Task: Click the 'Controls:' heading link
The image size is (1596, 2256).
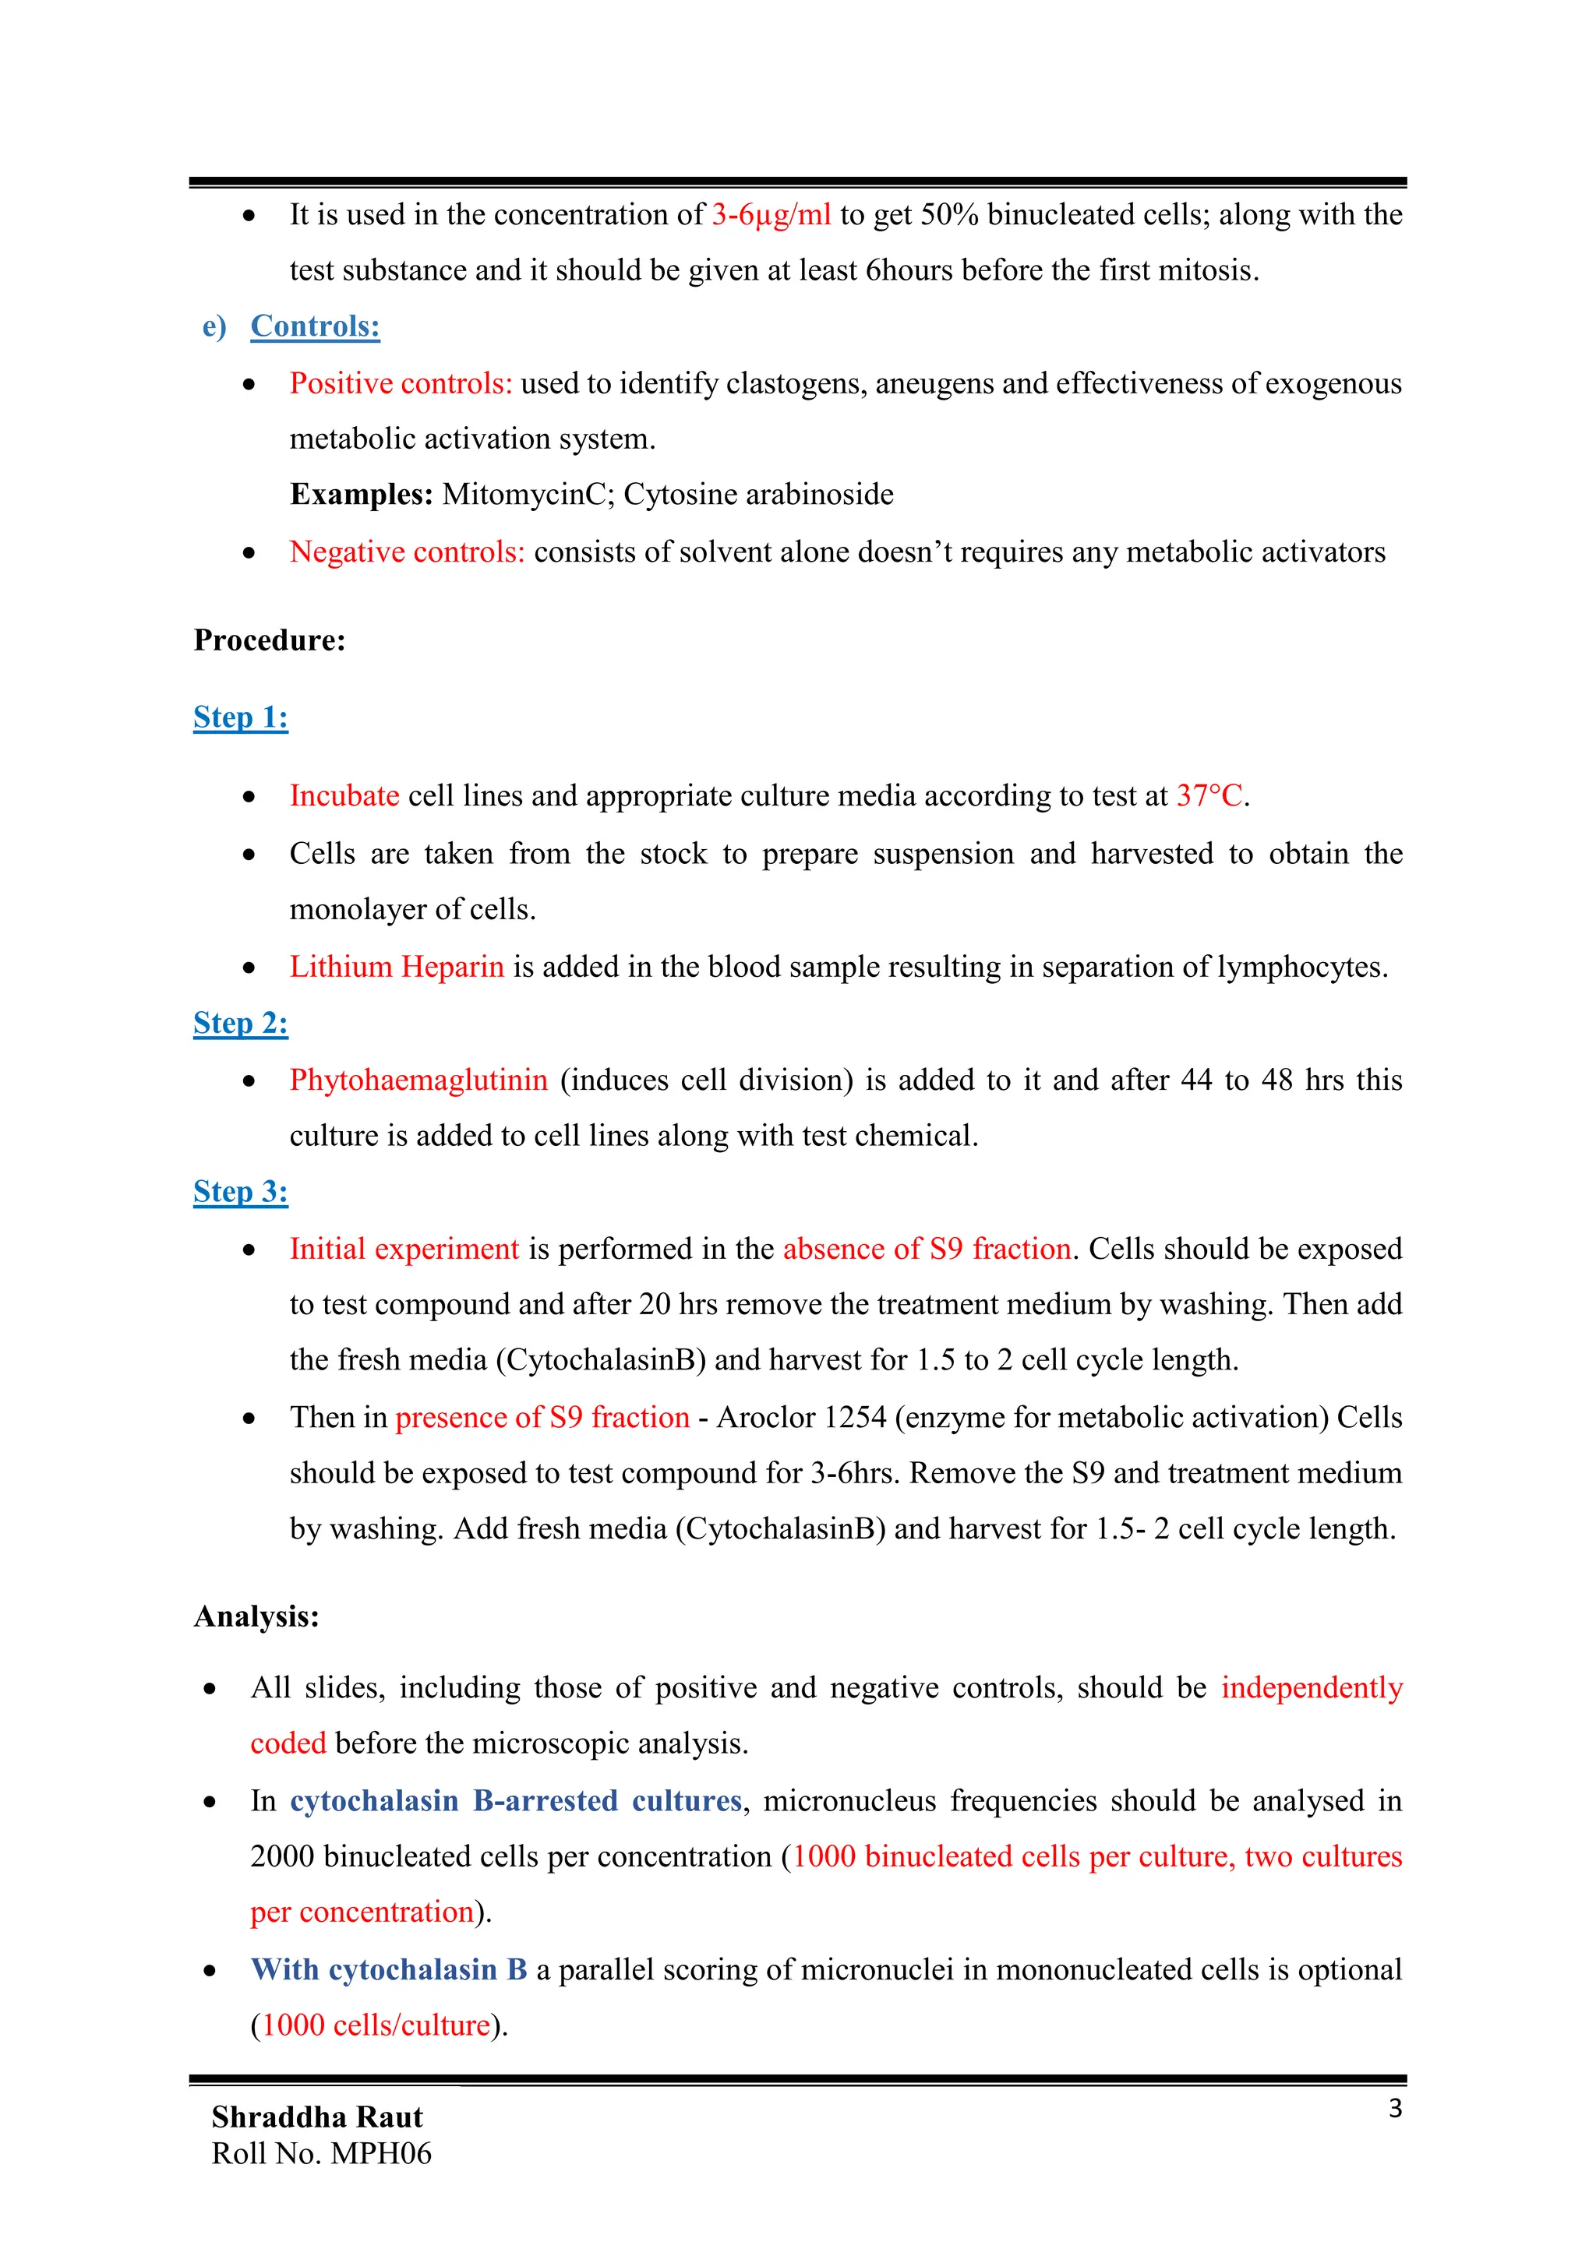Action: point(315,326)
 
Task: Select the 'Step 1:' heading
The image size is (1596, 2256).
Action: point(241,717)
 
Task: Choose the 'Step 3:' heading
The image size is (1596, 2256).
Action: point(241,1192)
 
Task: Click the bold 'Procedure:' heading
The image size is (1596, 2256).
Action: point(270,640)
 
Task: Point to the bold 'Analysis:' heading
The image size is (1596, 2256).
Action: point(256,1616)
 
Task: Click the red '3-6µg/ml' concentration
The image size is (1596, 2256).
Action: point(772,214)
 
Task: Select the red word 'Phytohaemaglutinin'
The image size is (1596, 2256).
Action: point(418,1080)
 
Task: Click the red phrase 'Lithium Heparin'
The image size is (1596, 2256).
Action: point(396,967)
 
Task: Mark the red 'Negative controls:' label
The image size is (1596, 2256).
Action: point(407,552)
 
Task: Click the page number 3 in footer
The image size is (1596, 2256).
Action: point(1394,2109)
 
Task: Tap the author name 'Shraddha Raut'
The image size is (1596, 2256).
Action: point(316,2117)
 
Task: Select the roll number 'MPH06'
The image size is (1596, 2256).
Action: point(381,2153)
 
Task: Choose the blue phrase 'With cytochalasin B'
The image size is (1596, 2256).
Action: point(388,1970)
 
